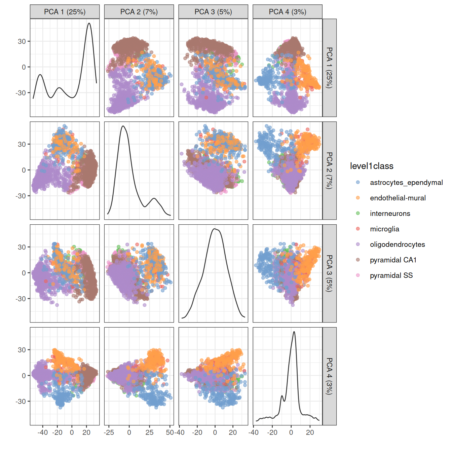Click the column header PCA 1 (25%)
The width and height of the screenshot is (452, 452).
(x=65, y=12)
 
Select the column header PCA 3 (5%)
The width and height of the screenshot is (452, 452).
(x=213, y=12)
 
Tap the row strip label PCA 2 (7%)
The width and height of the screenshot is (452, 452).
(x=330, y=171)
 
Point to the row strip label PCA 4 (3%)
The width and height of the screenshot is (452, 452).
(x=330, y=376)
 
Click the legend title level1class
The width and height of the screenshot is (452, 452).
(x=371, y=166)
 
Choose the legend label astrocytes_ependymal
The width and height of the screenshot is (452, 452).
(x=406, y=183)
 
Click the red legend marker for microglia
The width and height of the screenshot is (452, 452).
(x=358, y=229)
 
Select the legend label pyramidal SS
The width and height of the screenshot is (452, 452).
(x=391, y=275)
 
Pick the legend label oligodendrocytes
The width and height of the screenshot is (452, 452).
(x=397, y=244)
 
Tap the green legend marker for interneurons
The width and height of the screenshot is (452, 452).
(x=358, y=213)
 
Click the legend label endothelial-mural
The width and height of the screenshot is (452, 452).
(x=398, y=198)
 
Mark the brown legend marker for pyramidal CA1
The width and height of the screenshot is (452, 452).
(x=358, y=260)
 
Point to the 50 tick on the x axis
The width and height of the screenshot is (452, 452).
(x=169, y=432)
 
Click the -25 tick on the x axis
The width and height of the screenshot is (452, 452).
(x=109, y=432)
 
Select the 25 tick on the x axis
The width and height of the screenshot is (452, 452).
(x=150, y=432)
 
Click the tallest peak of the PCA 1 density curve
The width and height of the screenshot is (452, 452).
(x=89, y=24)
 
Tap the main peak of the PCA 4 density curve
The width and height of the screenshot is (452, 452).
(x=294, y=332)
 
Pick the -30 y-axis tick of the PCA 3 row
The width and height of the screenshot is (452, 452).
(x=22, y=299)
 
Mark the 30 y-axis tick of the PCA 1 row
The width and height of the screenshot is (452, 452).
(x=22, y=41)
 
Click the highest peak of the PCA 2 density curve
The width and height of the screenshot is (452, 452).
(x=123, y=126)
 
